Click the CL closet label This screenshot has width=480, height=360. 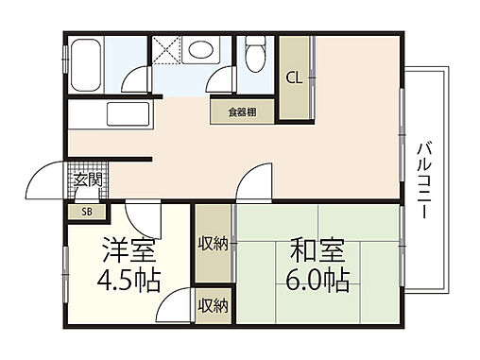[295, 77]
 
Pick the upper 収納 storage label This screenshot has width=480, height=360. [213, 245]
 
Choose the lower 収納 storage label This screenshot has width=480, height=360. [213, 305]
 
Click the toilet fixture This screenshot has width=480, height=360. [256, 58]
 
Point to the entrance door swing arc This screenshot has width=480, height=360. [45, 180]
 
